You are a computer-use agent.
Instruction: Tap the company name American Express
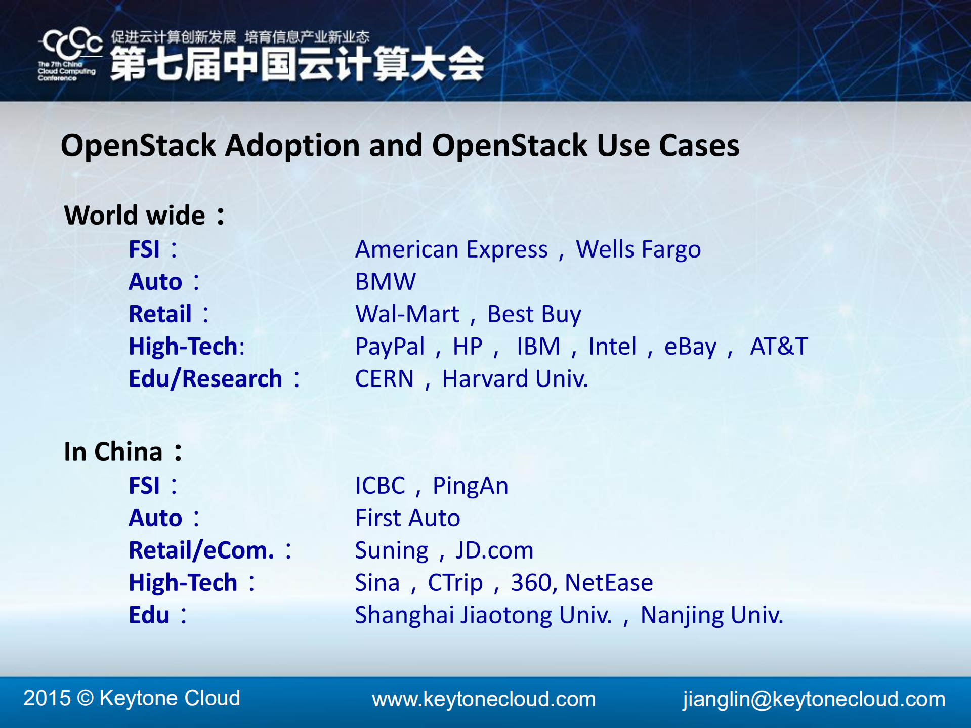click(x=451, y=249)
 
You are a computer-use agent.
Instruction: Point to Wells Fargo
click(x=638, y=249)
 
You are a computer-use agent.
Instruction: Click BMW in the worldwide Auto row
click(x=386, y=282)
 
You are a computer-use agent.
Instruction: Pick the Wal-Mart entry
click(x=407, y=314)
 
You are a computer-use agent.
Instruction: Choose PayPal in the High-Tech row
click(x=390, y=347)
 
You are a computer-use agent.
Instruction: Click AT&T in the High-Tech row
click(x=778, y=347)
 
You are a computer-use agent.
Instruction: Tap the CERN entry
click(x=384, y=379)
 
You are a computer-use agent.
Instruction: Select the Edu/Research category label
click(x=205, y=379)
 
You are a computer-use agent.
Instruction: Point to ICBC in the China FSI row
click(x=380, y=486)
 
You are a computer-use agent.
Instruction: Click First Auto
click(x=408, y=518)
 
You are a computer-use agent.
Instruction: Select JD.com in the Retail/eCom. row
click(x=494, y=550)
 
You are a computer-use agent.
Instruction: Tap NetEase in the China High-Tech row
click(x=609, y=583)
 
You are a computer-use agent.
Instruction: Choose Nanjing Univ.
click(x=711, y=616)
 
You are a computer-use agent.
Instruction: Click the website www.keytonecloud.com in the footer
click(x=484, y=699)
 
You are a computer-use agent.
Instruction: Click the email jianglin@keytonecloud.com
click(x=814, y=699)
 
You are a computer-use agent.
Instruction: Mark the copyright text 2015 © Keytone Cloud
click(x=132, y=698)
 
